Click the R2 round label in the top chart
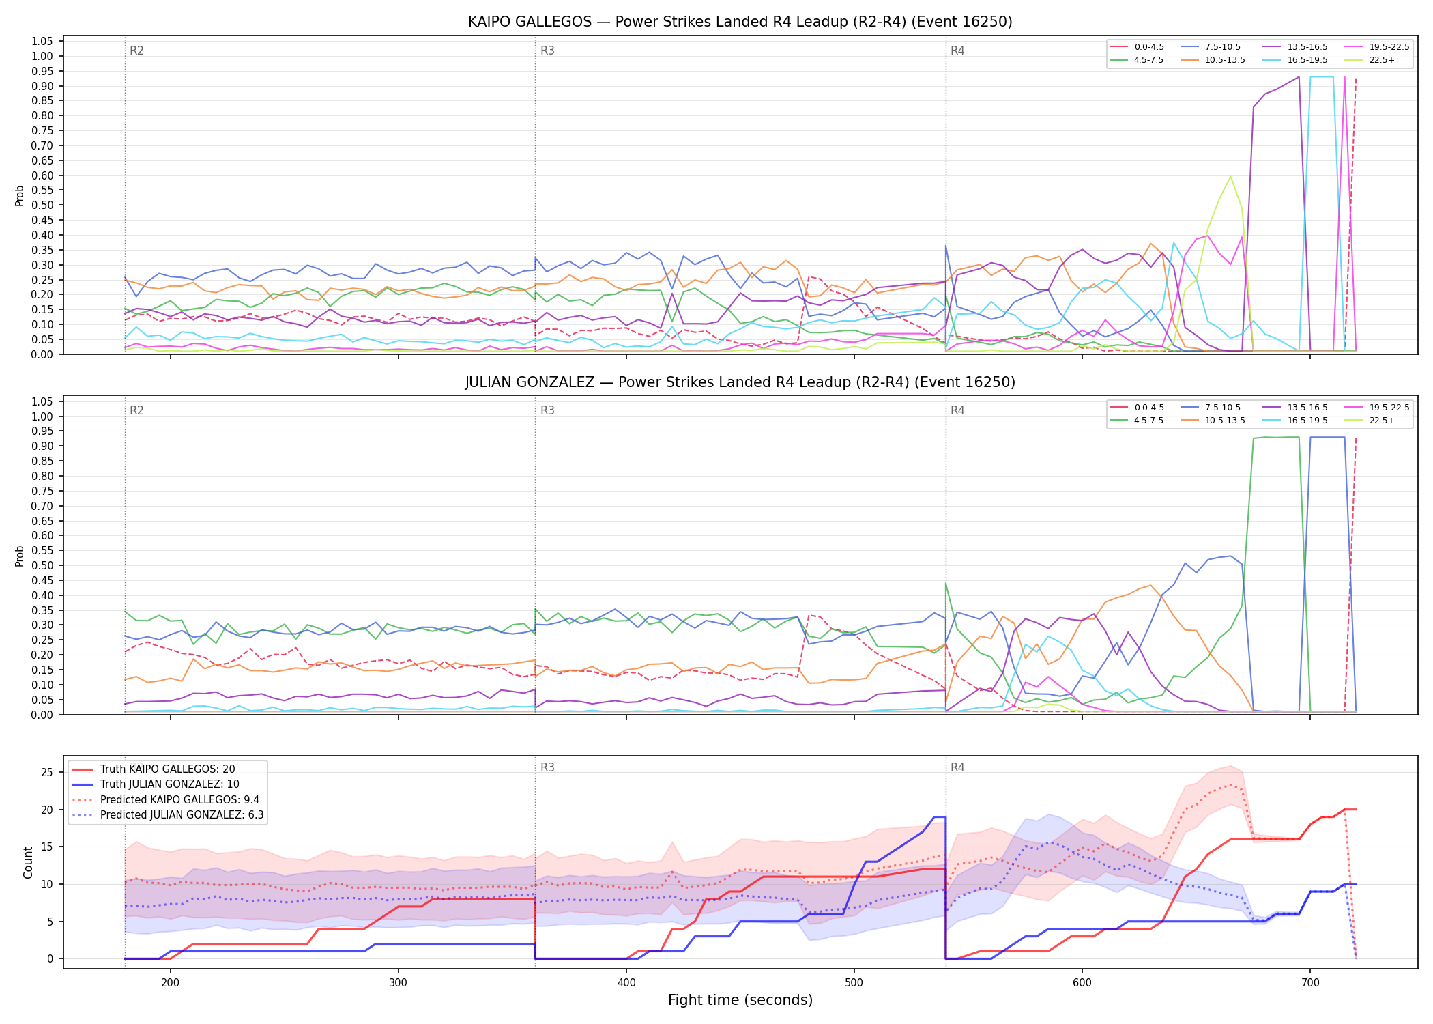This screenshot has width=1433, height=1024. (x=136, y=51)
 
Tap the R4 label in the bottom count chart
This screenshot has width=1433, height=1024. (x=957, y=767)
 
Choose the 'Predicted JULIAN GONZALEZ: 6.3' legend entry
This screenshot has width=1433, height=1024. (x=167, y=815)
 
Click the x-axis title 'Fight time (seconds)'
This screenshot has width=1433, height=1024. (x=740, y=1000)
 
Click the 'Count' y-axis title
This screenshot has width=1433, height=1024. (x=28, y=862)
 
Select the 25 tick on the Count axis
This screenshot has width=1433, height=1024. (x=47, y=773)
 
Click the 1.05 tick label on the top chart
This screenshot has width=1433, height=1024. (x=42, y=42)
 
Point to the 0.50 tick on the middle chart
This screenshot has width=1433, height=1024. (x=42, y=565)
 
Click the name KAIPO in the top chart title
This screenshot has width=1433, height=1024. (x=490, y=22)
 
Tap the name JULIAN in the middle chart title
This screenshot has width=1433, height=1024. (x=489, y=382)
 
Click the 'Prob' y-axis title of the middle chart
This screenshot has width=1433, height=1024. (x=20, y=556)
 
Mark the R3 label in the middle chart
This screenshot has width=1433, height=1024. (x=547, y=410)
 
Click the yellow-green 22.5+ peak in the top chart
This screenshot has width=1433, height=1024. (x=1230, y=177)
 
